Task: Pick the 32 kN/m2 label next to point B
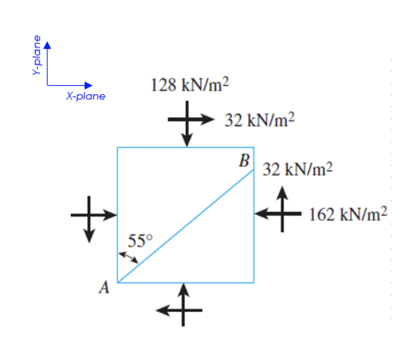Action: (x=298, y=169)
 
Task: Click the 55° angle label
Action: (x=139, y=240)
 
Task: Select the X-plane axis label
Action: (x=85, y=97)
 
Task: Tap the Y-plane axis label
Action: (x=37, y=55)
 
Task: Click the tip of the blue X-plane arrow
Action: (x=92, y=85)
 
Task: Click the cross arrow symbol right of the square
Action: (x=281, y=212)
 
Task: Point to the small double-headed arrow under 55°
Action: (x=128, y=257)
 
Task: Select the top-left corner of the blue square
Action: (x=118, y=148)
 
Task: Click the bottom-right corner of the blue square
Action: (x=254, y=282)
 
